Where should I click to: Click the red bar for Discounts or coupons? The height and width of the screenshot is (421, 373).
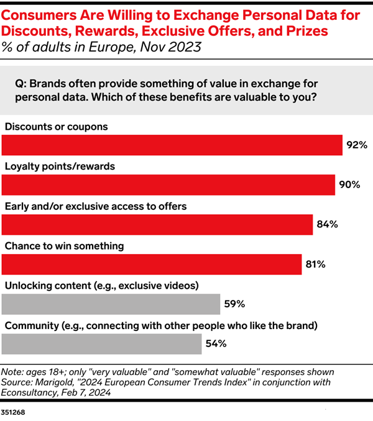coord(172,145)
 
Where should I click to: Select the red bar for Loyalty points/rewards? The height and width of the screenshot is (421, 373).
coord(168,184)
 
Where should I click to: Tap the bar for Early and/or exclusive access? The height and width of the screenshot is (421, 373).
coord(157,224)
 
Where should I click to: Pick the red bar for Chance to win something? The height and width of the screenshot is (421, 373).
coord(152,264)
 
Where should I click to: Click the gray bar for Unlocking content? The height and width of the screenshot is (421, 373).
coord(111,304)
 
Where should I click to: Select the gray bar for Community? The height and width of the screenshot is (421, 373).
coord(102,343)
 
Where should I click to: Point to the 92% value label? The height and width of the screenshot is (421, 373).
coord(357,145)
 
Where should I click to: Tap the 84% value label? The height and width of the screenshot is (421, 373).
coord(327,225)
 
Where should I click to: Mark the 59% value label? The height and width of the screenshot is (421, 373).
coord(234,304)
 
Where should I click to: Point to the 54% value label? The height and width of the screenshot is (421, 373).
coord(216,344)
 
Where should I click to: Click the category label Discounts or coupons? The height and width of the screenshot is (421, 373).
coord(57,127)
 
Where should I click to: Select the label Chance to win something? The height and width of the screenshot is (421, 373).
coord(65,246)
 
